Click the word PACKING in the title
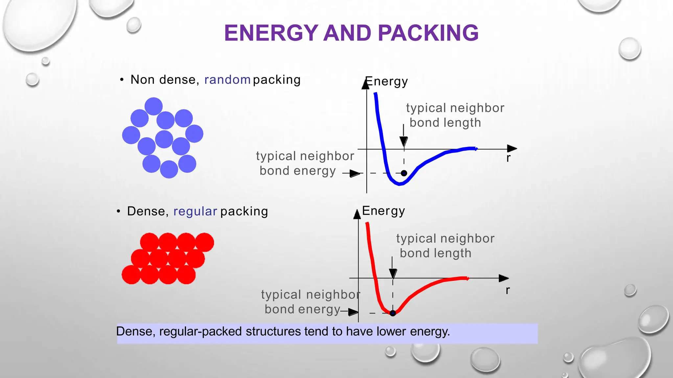coord(428,33)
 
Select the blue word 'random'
coord(227,80)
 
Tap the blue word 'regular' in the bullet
coord(195,211)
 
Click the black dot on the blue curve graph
coord(404,173)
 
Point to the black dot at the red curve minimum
coord(393,313)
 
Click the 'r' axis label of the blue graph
coord(508,158)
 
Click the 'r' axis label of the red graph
coord(508,290)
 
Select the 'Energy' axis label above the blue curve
coord(387,81)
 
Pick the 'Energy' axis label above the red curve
coord(383,211)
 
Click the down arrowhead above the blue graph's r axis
coord(404,142)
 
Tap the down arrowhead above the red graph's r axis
coord(393,273)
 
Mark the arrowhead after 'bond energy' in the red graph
coord(353,312)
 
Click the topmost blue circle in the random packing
coord(153,106)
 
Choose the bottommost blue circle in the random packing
coord(169,169)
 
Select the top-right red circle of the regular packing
coord(204,242)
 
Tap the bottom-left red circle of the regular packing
coord(131,275)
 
